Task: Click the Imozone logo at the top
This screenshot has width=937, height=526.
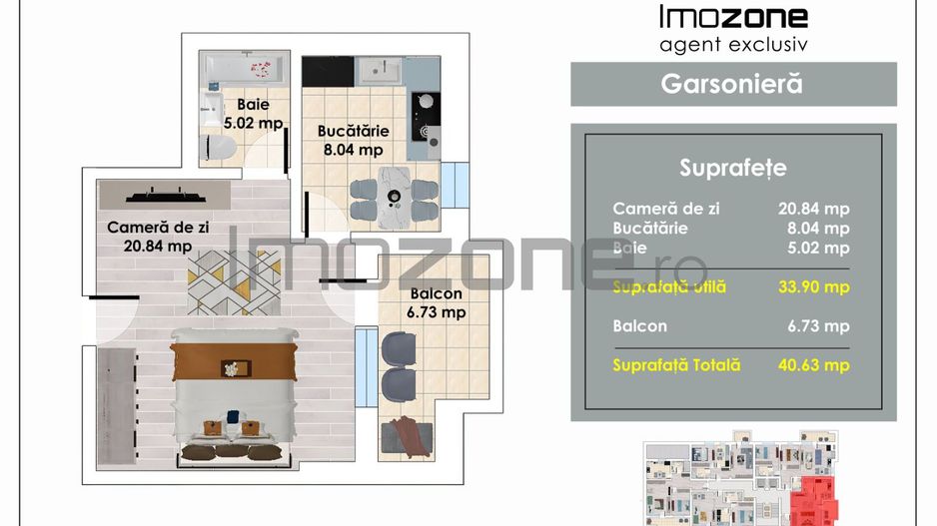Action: click(733, 17)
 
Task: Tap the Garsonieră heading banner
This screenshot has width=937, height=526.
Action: click(732, 84)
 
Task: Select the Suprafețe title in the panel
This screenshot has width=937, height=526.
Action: click(732, 167)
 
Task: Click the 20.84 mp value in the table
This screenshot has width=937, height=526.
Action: click(813, 209)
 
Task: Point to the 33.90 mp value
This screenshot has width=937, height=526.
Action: click(813, 287)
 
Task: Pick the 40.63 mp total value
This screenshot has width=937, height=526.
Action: click(813, 365)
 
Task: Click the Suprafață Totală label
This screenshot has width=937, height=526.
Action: click(677, 365)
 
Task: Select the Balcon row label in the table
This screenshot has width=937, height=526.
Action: click(640, 325)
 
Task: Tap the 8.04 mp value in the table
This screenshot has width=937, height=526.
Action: click(813, 229)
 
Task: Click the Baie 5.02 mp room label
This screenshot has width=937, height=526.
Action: click(253, 114)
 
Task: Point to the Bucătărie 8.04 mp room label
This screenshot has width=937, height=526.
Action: click(351, 140)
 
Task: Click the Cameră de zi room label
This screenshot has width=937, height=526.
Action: click(158, 237)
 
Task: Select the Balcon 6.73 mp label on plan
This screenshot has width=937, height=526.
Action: click(437, 303)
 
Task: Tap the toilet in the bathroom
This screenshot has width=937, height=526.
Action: click(219, 148)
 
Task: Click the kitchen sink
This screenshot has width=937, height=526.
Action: click(381, 69)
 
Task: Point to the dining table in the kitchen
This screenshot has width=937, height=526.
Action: click(394, 194)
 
